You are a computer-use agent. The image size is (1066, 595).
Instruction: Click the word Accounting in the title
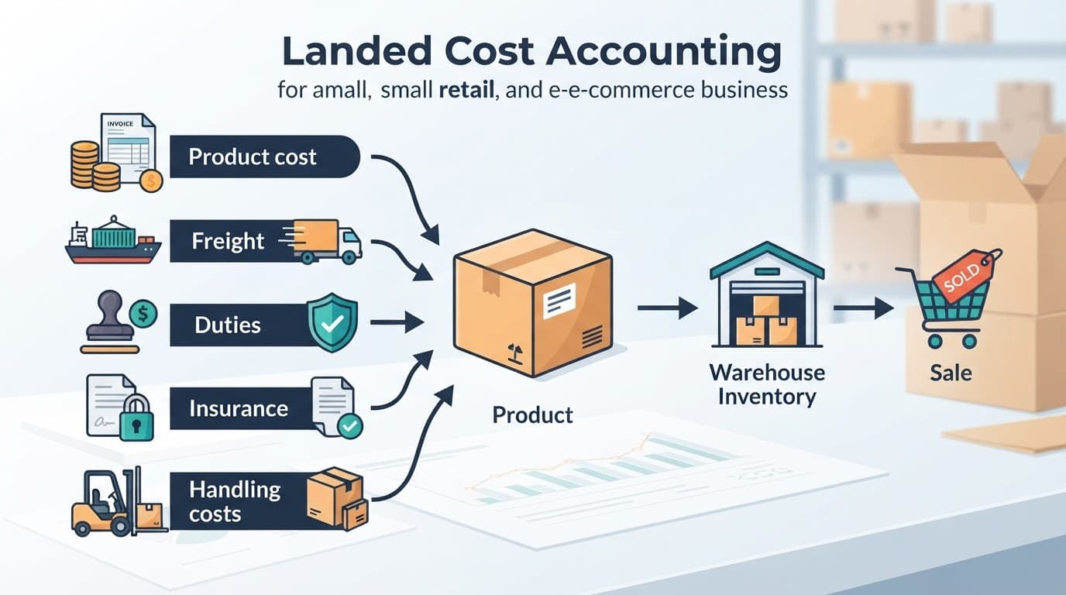pos(663,51)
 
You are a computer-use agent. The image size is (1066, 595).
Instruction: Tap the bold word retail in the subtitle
pos(466,90)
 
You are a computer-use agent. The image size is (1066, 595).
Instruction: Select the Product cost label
pos(253,157)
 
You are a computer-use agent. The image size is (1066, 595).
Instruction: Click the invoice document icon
pos(129,148)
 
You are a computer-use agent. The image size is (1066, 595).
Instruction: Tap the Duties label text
pos(228,325)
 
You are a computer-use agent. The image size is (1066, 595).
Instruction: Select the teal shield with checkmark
pos(332,322)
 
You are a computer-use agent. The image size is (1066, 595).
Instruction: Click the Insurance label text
pos(239,408)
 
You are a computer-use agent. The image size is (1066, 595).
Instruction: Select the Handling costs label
pos(235,501)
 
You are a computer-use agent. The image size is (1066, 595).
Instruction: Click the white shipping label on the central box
pos(559,301)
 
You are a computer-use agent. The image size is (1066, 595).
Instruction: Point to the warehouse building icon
pos(767,294)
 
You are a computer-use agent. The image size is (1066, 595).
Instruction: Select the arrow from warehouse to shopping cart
pos(863,308)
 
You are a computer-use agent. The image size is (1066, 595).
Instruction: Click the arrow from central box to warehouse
pos(667,308)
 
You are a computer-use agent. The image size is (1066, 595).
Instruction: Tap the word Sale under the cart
pos(951,373)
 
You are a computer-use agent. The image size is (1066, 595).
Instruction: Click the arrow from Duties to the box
pos(397,322)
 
